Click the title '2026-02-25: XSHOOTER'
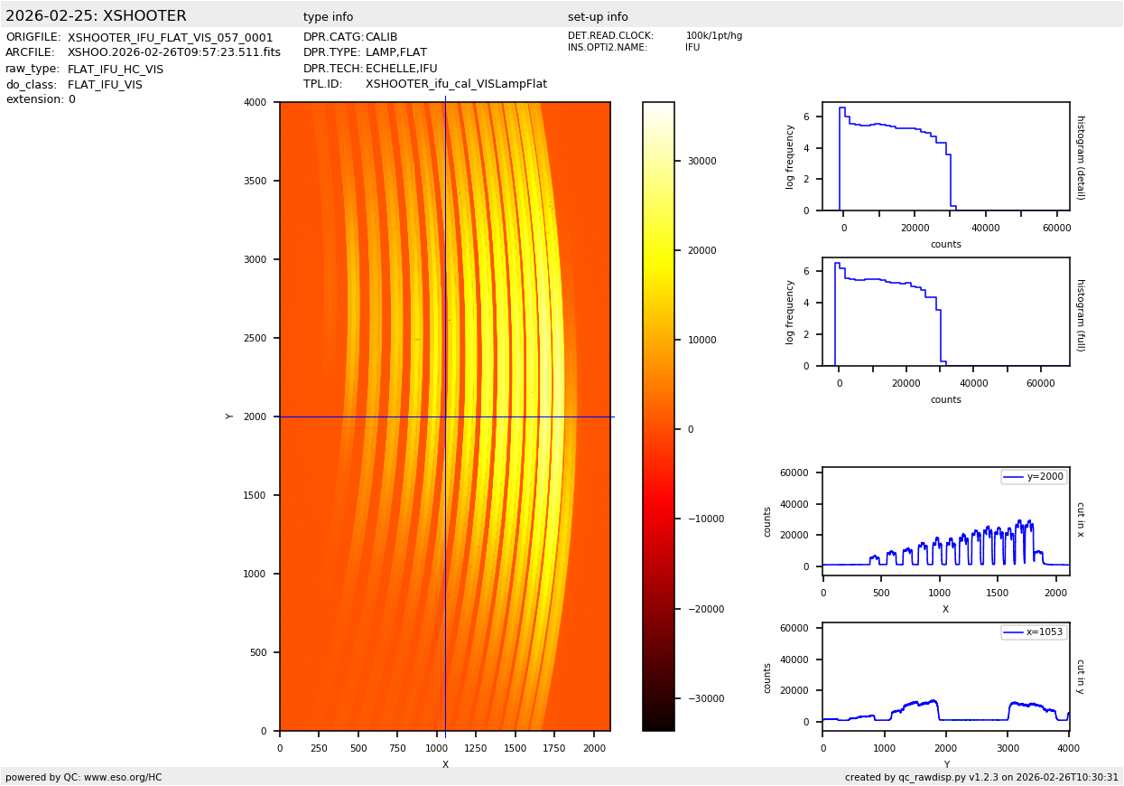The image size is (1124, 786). tap(96, 16)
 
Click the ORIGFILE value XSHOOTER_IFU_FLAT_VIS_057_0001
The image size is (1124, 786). tap(170, 38)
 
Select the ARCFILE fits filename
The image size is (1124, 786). tap(173, 53)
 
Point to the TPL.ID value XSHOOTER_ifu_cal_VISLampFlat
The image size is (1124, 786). tap(456, 84)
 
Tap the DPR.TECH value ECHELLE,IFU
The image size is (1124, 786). tap(401, 69)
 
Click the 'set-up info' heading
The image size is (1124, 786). tap(598, 17)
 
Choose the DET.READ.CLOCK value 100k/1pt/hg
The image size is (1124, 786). tap(713, 36)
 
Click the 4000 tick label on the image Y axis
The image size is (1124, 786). tap(255, 103)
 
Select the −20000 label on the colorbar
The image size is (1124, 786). tap(701, 610)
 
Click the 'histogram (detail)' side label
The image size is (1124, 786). tap(1080, 156)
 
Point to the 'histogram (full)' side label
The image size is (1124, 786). tap(1080, 312)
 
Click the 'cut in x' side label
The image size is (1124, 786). tap(1080, 519)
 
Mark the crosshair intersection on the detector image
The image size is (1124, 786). tap(445, 416)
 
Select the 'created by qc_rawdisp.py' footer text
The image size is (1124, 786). tap(981, 777)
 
